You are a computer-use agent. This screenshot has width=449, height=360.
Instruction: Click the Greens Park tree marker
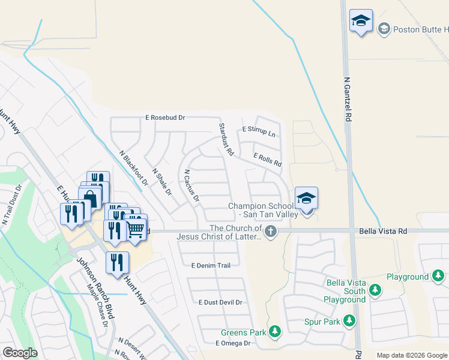tap(275, 331)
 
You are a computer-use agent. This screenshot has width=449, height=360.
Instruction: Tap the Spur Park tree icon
tap(349, 322)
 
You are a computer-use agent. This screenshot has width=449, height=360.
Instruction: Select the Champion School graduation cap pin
tap(306, 199)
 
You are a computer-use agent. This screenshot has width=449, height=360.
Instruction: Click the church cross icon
tap(271, 231)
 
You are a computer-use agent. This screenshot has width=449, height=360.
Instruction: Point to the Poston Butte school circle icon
tap(384, 28)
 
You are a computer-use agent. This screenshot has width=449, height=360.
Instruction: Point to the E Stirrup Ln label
tap(259, 130)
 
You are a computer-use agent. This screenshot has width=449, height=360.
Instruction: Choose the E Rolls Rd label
tap(267, 159)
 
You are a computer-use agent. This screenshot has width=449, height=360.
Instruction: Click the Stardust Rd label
tap(225, 139)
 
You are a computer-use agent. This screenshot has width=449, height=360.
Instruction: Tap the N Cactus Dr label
tap(191, 185)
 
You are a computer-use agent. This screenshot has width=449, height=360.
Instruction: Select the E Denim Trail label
tap(211, 265)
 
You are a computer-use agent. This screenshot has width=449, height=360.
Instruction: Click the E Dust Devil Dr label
tap(220, 303)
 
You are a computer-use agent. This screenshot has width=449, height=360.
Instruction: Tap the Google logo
tap(20, 353)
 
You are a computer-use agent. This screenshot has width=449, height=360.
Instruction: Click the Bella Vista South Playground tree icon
tap(375, 290)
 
